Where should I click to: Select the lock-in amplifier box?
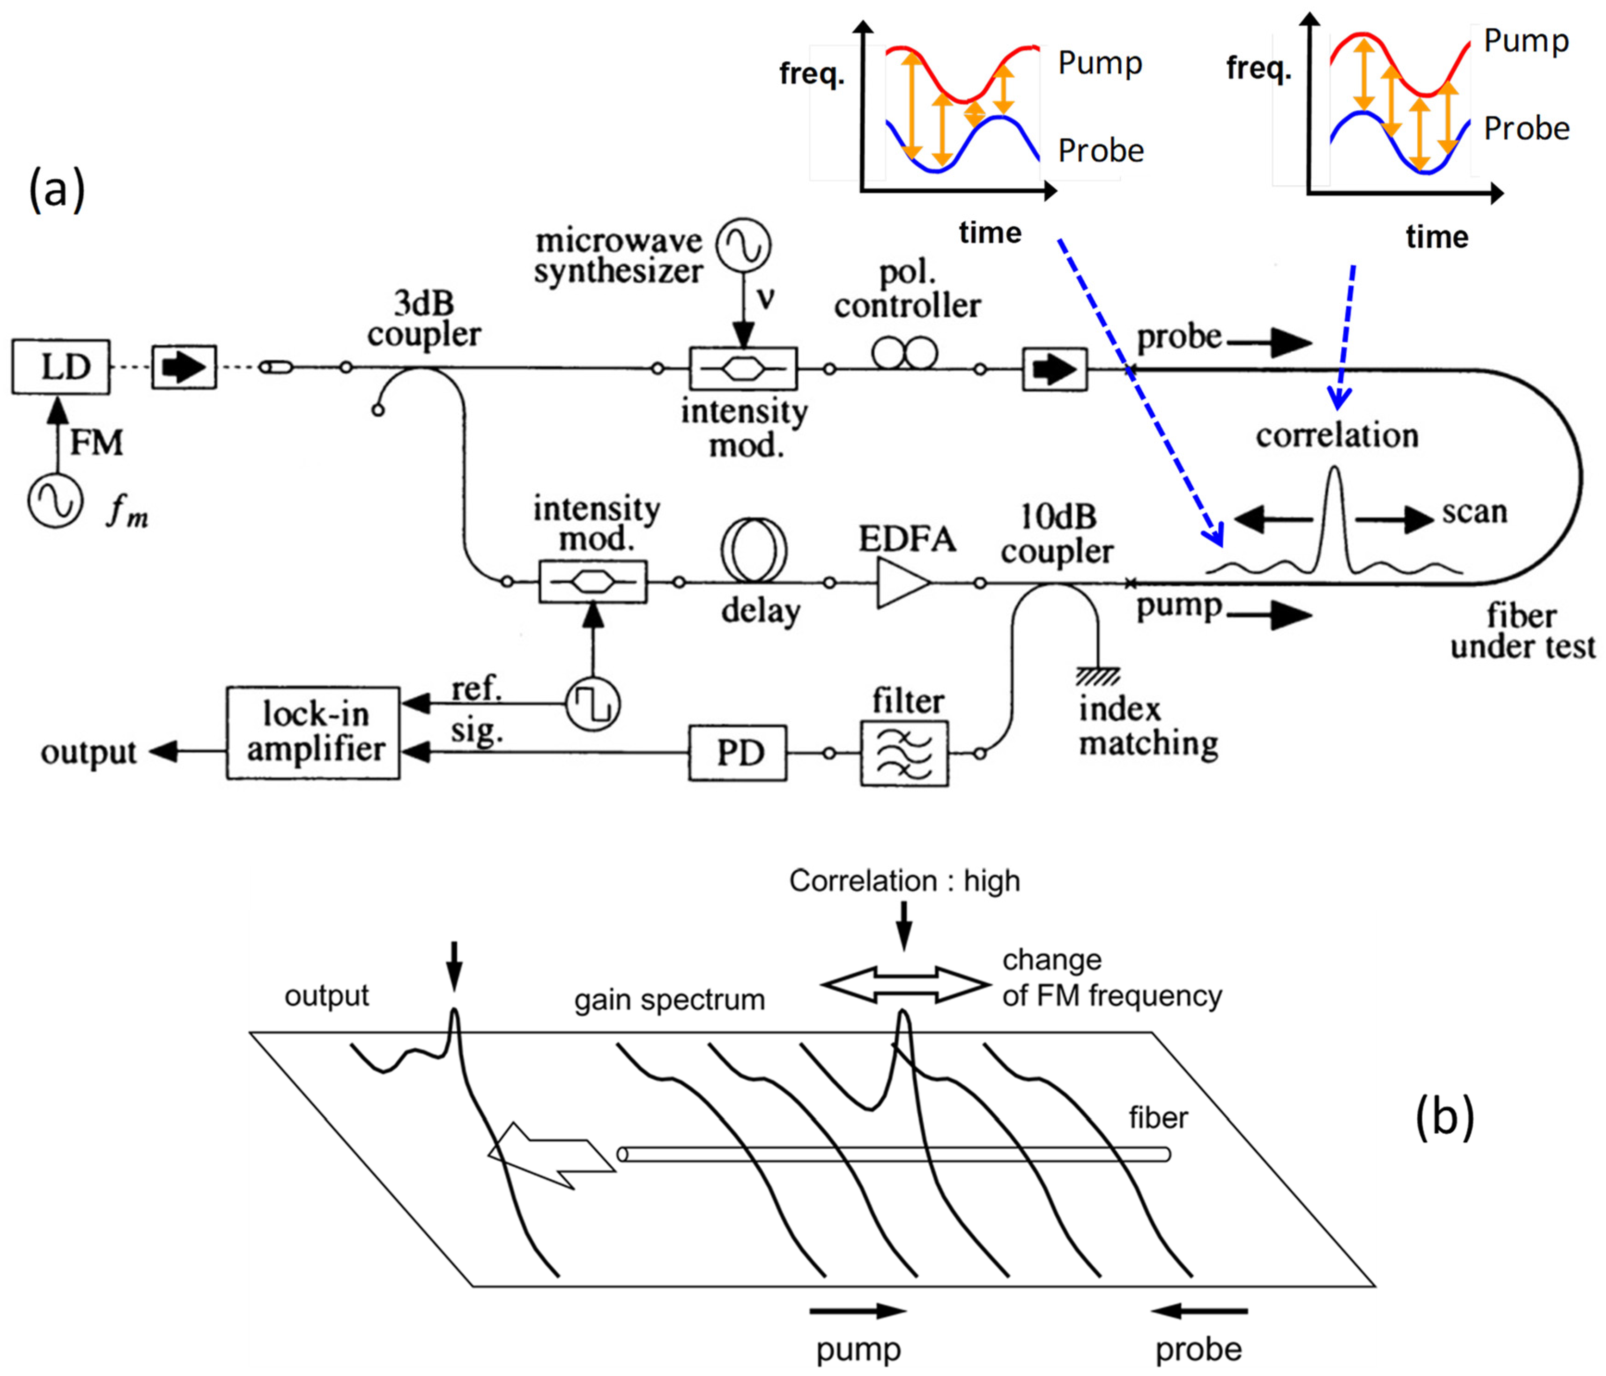[313, 732]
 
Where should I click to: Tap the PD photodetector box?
[737, 752]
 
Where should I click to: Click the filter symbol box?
[904, 753]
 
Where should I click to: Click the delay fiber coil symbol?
[753, 550]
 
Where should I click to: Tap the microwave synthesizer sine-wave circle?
[742, 245]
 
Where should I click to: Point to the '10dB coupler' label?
[1057, 534]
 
